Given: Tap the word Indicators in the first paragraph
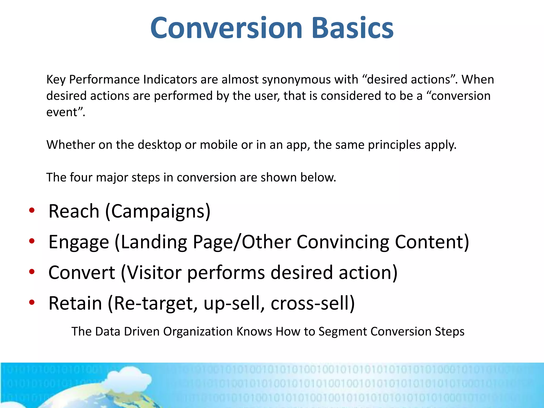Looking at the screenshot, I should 170,79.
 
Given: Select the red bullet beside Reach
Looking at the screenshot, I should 32,210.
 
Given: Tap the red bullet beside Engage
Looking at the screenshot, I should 32,241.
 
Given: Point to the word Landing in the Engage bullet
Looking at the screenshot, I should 154,242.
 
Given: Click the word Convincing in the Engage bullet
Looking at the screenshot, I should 343,242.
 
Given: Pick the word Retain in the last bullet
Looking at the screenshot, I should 75,303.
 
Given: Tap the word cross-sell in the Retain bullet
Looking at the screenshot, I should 312,303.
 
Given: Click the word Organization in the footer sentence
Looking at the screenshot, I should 198,331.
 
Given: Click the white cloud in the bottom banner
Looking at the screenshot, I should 127,380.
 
